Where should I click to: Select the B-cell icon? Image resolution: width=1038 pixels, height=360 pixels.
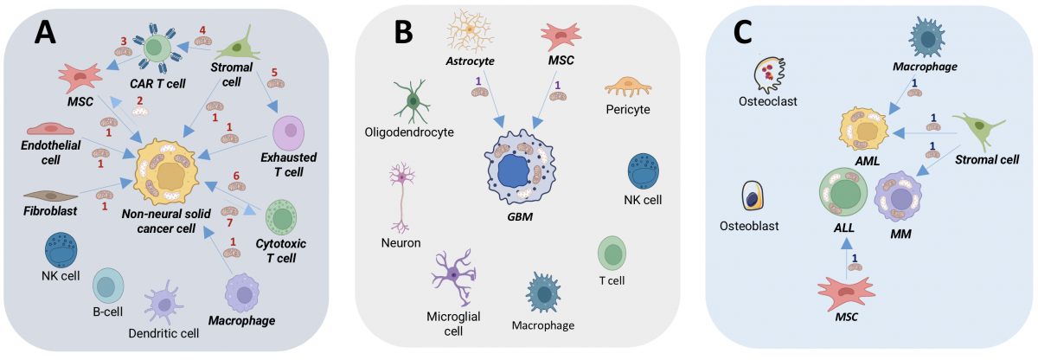(x=110, y=285)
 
